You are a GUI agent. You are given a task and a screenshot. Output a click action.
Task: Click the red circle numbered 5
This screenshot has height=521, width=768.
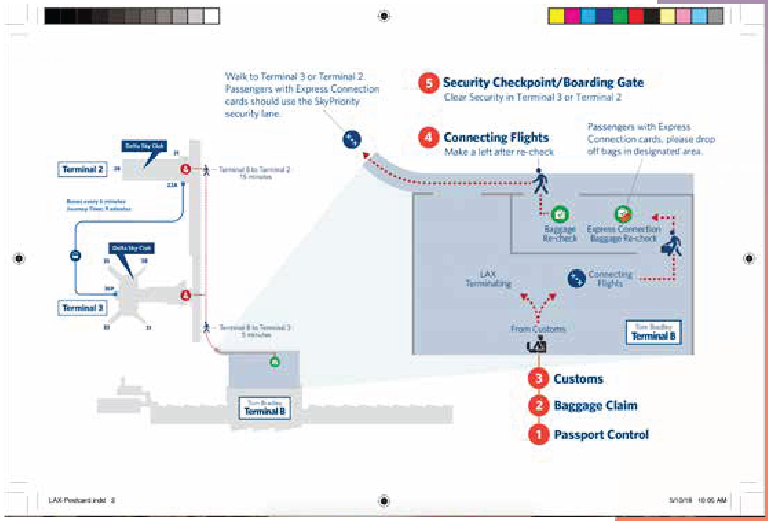point(429,83)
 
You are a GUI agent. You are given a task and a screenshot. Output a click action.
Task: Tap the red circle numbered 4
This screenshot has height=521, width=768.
point(429,137)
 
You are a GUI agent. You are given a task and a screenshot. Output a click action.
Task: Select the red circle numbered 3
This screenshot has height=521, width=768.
point(539,378)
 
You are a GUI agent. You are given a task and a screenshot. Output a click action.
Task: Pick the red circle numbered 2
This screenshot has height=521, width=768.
point(539,406)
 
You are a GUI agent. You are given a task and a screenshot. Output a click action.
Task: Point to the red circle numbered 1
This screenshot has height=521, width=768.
point(539,434)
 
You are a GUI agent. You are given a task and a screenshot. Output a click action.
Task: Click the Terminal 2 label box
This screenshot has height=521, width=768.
point(82,169)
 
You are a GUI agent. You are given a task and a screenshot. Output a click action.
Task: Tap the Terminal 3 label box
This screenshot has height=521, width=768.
point(82,307)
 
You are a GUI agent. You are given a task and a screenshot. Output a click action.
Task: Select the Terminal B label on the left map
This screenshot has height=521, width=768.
point(265,408)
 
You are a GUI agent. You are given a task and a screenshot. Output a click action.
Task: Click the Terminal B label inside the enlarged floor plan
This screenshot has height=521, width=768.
point(653,332)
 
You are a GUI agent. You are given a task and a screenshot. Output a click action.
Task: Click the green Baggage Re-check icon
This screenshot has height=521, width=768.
point(560,214)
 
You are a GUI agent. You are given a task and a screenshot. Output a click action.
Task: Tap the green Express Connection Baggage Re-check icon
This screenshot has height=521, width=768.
point(623,214)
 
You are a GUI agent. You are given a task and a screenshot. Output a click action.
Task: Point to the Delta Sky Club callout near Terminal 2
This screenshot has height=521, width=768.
point(145,146)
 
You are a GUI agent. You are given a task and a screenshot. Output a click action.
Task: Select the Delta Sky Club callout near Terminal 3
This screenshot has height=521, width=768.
point(132,248)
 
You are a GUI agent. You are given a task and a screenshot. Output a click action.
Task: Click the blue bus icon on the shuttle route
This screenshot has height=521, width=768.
point(76,255)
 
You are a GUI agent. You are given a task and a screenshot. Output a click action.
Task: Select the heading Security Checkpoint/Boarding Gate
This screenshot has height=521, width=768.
point(543,82)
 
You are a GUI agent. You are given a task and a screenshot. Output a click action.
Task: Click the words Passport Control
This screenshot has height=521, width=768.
point(601,434)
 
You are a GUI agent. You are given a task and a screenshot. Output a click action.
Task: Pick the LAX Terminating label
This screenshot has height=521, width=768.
point(488,279)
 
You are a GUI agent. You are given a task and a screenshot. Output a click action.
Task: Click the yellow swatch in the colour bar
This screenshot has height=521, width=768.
point(557,16)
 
